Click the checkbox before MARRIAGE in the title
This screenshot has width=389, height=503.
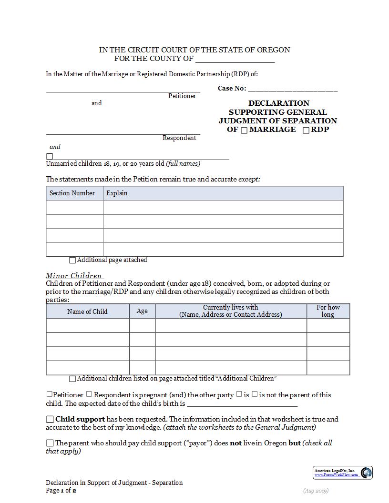[x=244, y=131]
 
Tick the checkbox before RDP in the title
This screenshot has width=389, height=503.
[x=306, y=131]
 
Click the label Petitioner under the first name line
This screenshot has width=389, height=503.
[x=182, y=96]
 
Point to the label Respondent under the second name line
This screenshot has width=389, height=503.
[x=179, y=138]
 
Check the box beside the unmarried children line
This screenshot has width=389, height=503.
[x=50, y=157]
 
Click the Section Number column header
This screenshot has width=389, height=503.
[x=72, y=193]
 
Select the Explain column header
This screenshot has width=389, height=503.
[x=117, y=193]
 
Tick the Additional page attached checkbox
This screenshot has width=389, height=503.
[x=72, y=261]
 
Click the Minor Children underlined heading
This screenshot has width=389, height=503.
[x=74, y=276]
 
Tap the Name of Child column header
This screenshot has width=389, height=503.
[x=87, y=312]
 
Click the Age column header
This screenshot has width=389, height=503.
[x=142, y=311]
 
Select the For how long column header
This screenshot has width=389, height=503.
[x=328, y=311]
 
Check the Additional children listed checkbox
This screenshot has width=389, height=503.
[x=72, y=379]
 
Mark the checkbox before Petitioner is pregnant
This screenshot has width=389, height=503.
[x=49, y=394]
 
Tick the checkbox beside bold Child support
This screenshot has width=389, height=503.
[x=50, y=420]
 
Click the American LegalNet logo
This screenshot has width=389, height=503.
[x=343, y=473]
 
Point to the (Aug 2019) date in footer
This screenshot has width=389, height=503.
[x=316, y=491]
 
